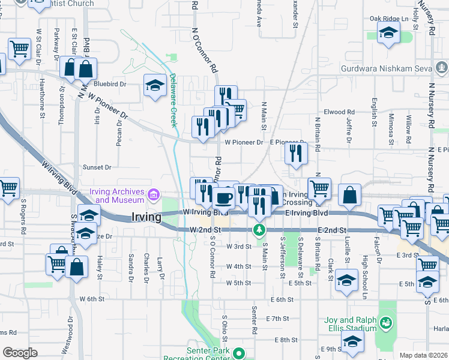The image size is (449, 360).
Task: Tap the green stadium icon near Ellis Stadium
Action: pyautogui.click(x=387, y=323)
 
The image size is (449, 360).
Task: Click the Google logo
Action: pyautogui.click(x=20, y=353)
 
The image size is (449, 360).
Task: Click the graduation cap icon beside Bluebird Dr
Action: pyautogui.click(x=155, y=85)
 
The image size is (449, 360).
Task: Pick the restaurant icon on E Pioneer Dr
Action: pyautogui.click(x=296, y=153)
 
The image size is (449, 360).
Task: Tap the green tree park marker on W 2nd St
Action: pyautogui.click(x=259, y=229)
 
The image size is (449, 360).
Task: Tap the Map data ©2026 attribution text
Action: pyautogui.click(x=423, y=355)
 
